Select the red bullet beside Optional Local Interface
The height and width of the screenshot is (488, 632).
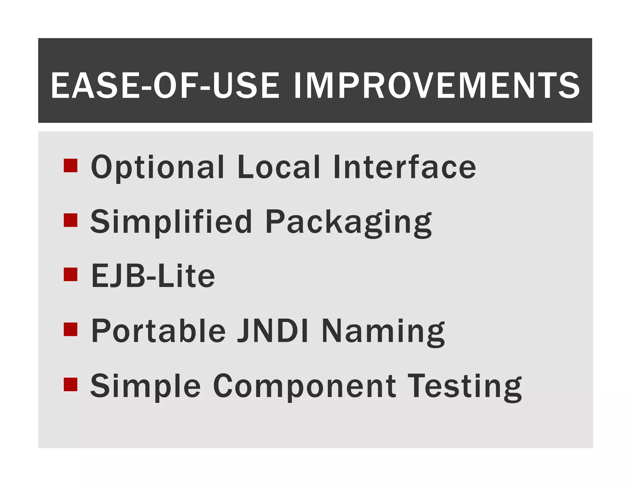pos(70,165)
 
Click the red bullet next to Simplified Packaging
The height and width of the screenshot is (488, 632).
pos(70,220)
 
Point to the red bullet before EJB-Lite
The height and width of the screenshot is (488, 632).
pos(70,274)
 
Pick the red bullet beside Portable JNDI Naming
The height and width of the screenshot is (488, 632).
pos(70,329)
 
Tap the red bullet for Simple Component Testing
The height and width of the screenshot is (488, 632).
pos(70,384)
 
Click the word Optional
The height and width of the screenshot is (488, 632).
pos(157,167)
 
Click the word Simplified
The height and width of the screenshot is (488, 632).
pos(171,222)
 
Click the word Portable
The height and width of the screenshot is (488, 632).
pos(158,331)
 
